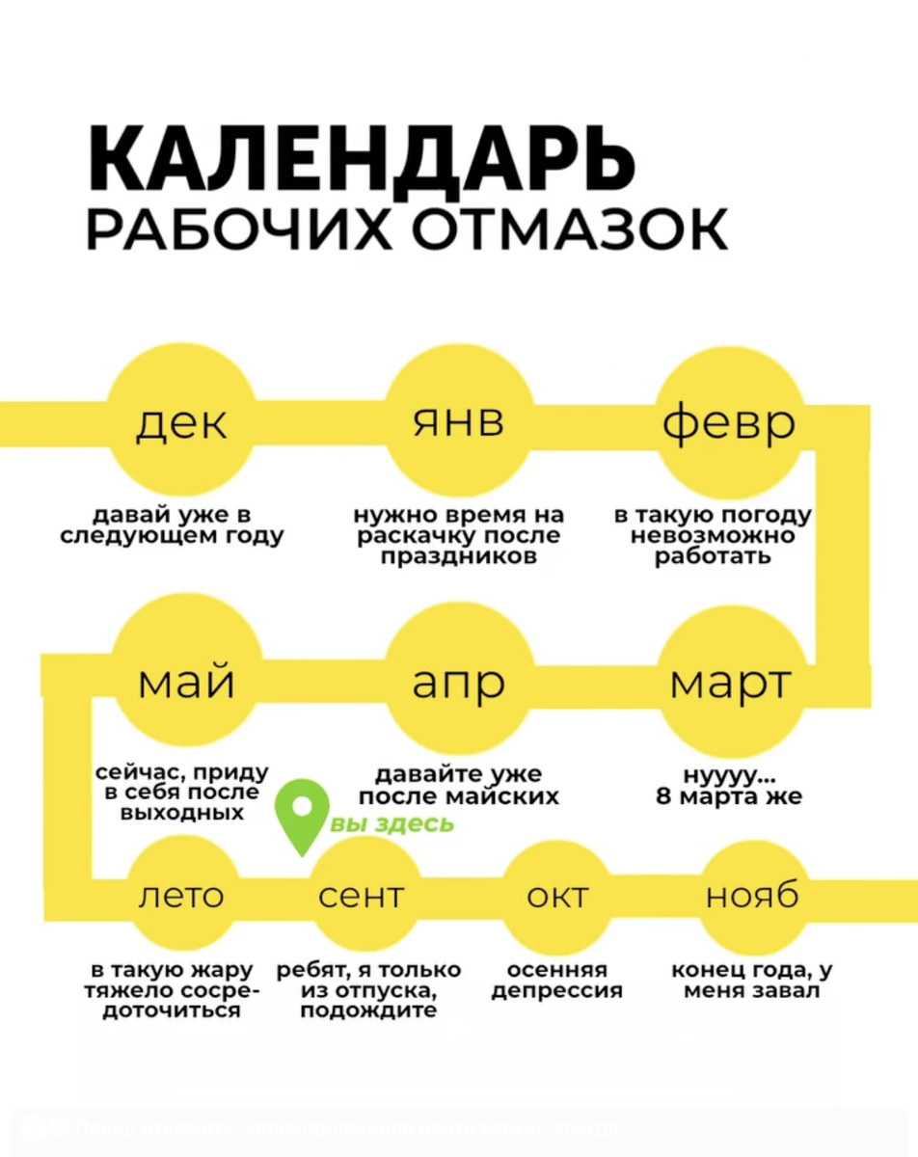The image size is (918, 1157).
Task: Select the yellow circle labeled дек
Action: click(x=181, y=422)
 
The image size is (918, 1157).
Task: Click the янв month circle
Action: click(x=459, y=422)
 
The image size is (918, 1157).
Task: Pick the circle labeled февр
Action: click(x=730, y=422)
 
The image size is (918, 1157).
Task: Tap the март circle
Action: click(x=730, y=683)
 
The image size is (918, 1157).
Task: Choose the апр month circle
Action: click(x=459, y=683)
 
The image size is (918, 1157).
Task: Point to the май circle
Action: click(x=186, y=683)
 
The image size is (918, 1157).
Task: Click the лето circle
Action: click(x=181, y=896)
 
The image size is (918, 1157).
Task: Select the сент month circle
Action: click(x=362, y=896)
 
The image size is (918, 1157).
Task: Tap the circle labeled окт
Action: click(x=557, y=896)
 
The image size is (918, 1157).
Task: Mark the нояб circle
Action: click(x=752, y=896)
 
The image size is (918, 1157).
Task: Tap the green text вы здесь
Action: click(x=391, y=824)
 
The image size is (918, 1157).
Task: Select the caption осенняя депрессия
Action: click(x=557, y=980)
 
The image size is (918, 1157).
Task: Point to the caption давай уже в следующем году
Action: click(x=173, y=526)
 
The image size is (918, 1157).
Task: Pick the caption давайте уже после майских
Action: click(x=459, y=786)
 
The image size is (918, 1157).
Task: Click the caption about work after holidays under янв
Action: click(x=459, y=536)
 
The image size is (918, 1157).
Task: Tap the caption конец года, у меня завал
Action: click(x=752, y=980)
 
